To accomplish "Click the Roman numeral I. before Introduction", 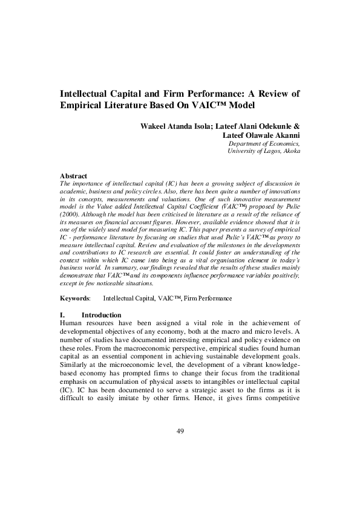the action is coord(63,315).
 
